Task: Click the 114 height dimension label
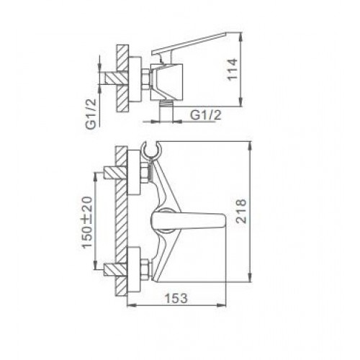coord(233,69)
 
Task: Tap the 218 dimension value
coord(240,212)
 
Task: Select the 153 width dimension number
coord(176,298)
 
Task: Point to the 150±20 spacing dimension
coord(87,222)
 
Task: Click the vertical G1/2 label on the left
coord(91,114)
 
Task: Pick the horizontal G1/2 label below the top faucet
coord(206,115)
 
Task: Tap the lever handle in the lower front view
coord(189,220)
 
